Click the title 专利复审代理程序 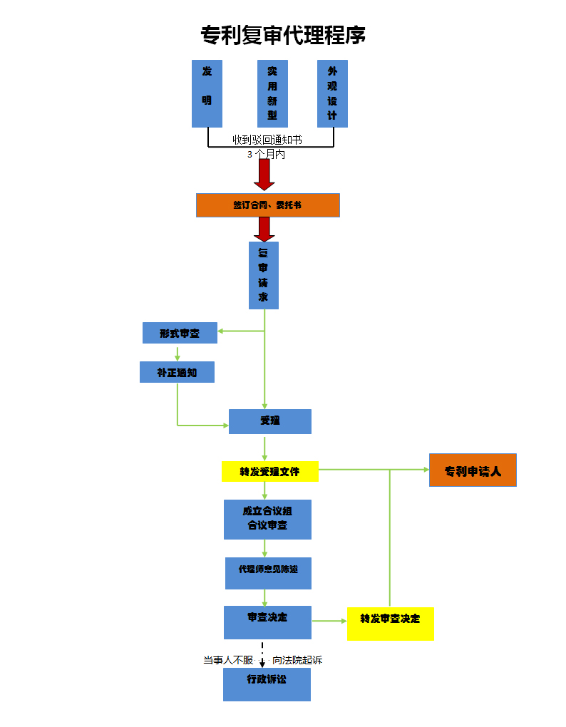[x=283, y=35]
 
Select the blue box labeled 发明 [x=207, y=93]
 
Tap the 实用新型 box [x=272, y=93]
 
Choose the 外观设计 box [x=332, y=93]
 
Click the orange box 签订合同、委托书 [x=267, y=205]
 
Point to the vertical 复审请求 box [x=264, y=275]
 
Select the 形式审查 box [x=180, y=333]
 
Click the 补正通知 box [x=177, y=372]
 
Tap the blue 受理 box [x=269, y=421]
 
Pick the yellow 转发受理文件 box [x=269, y=471]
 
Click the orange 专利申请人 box [x=473, y=470]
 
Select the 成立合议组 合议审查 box [x=267, y=519]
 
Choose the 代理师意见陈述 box [x=268, y=573]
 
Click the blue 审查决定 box [x=267, y=622]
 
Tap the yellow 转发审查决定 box [x=390, y=624]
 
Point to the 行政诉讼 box [x=267, y=684]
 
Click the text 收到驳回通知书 [x=267, y=140]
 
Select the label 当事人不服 [x=228, y=661]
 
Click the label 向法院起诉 [x=297, y=661]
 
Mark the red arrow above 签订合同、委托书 [x=264, y=174]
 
